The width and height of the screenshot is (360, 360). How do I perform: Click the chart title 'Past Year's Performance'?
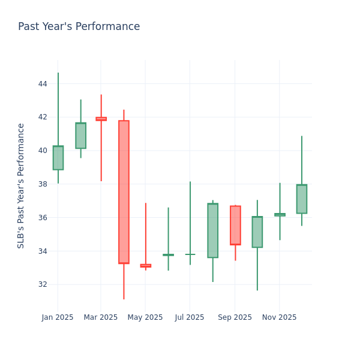coord(79,27)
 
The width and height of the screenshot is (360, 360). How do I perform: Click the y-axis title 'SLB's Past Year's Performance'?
coord(21,185)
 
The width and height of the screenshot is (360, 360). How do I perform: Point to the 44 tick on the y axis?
coord(43,84)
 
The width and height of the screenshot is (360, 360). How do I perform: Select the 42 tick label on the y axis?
coord(43,117)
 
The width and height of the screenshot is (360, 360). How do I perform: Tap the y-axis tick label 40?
coord(43,151)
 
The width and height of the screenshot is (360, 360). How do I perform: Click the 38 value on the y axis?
coord(43,184)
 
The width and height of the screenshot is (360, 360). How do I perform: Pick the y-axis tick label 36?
coord(43,218)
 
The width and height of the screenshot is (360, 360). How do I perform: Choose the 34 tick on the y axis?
coord(43,251)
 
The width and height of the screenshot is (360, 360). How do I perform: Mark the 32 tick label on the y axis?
coord(43,284)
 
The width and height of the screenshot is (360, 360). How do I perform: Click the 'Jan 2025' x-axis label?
coord(58,317)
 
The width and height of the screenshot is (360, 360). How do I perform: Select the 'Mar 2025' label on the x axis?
coord(101,317)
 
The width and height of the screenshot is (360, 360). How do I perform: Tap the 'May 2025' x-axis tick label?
coord(145,317)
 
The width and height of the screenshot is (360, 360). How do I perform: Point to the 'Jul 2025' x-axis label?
coord(190,317)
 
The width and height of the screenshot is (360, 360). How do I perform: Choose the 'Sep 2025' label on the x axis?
coord(235,317)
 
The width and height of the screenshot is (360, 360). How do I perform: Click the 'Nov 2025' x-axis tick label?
coord(280,317)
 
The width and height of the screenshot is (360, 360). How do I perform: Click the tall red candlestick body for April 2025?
coord(124,192)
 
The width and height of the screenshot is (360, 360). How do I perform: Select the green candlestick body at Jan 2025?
coord(58,158)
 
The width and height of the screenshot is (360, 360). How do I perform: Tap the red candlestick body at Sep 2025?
coord(235,225)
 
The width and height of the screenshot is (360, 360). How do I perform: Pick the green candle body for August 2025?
coord(212,230)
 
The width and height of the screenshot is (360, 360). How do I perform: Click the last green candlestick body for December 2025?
coord(302,199)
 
